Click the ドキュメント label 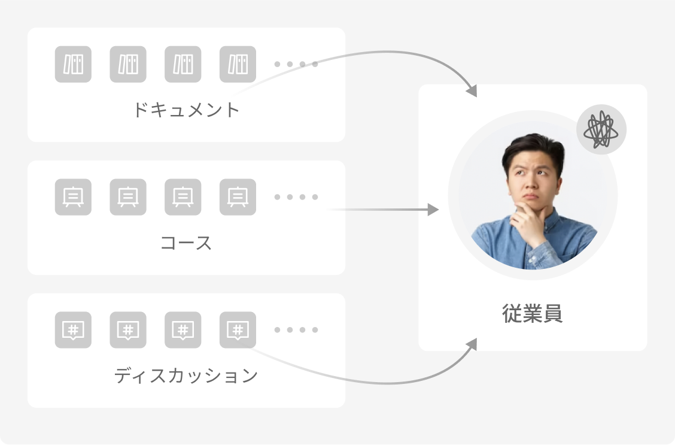[186, 110]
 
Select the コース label [186, 243]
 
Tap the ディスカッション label [186, 376]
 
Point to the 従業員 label [533, 314]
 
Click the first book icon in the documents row [73, 64]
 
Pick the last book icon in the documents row [238, 64]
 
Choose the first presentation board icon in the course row [73, 197]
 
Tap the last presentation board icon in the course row [238, 197]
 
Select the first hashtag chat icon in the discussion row [73, 330]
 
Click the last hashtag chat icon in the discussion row [238, 330]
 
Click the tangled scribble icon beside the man [601, 129]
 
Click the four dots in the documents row [296, 64]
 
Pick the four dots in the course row [296, 197]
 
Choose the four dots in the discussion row [296, 330]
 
